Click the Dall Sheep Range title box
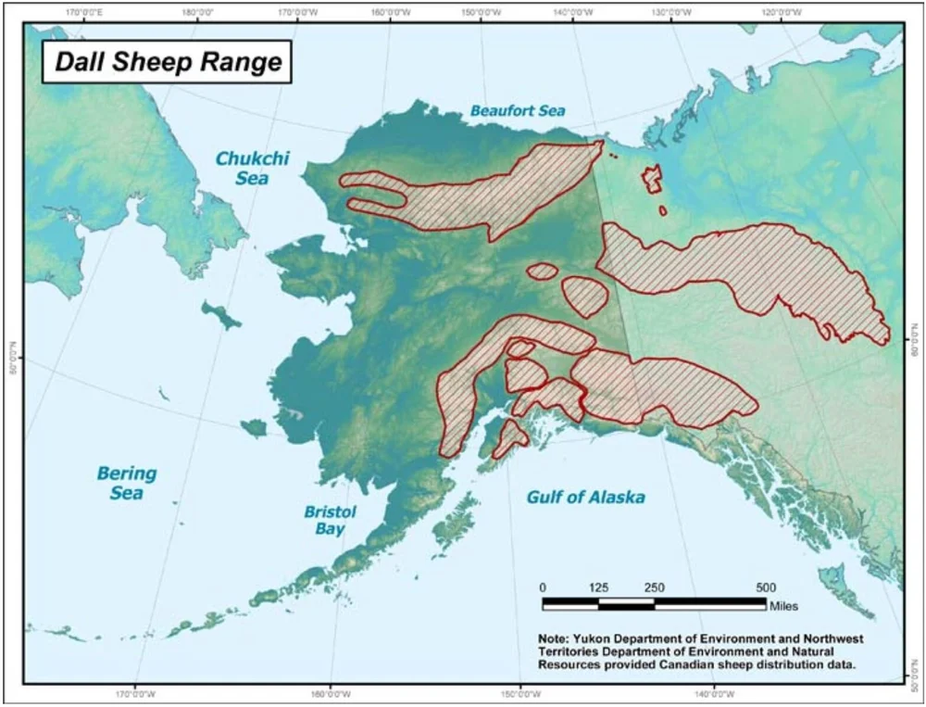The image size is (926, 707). point(167,62)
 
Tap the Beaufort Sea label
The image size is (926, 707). point(517,110)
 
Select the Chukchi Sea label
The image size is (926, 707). point(252,167)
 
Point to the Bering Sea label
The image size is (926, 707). point(127,483)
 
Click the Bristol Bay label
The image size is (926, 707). point(330,520)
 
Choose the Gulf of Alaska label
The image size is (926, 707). point(585,498)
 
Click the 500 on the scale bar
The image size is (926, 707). point(766,587)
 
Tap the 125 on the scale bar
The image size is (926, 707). point(598,587)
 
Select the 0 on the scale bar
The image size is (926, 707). point(544,587)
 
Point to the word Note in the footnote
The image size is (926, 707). point(556,639)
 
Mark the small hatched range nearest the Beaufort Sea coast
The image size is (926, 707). point(653,179)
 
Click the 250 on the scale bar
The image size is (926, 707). point(654,587)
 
